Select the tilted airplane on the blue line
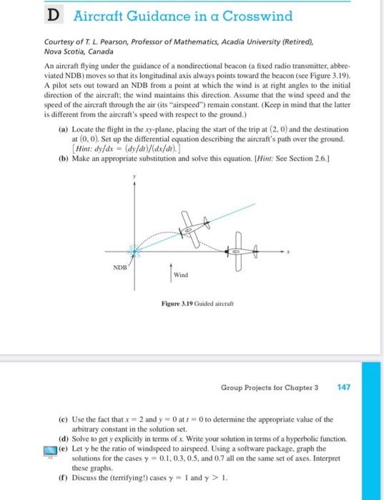188,226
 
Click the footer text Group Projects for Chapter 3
273,388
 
